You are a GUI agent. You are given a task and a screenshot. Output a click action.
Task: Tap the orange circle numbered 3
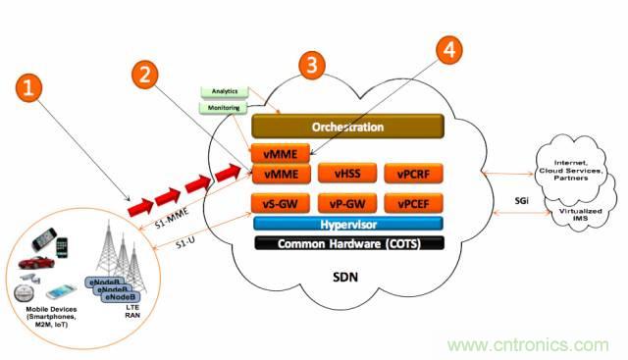(x=312, y=68)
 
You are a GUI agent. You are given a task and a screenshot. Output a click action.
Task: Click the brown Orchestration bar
(x=347, y=127)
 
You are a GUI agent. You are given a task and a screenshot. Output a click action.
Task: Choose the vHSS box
(x=347, y=173)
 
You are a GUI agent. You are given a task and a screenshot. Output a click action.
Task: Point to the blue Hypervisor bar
(x=347, y=224)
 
